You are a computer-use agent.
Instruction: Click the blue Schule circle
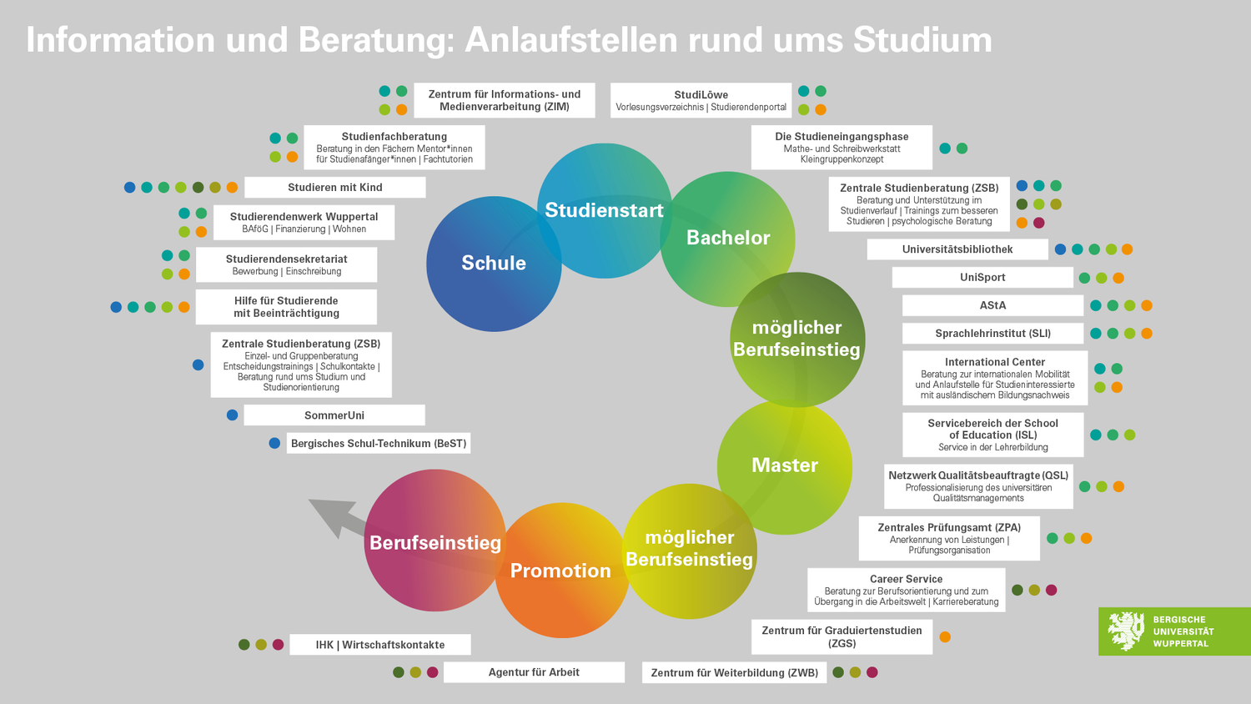point(494,264)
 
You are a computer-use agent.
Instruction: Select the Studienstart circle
point(605,211)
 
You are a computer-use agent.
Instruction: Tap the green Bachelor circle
point(728,239)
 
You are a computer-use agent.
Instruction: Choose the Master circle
point(785,467)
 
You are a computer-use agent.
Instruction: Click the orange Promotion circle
point(562,570)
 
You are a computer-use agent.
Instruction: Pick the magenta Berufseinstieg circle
point(435,541)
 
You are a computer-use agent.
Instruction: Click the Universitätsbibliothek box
point(957,249)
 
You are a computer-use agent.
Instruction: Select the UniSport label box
point(982,277)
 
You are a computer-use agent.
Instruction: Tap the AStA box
point(993,305)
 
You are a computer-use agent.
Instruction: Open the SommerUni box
point(334,415)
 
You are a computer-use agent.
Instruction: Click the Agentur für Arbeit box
point(534,672)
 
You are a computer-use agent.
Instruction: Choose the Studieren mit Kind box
point(335,187)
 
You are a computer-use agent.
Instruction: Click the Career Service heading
point(906,579)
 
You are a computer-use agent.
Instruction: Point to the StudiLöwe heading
point(701,94)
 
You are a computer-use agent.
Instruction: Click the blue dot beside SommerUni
point(233,415)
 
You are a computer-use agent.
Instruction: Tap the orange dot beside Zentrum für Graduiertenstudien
point(945,637)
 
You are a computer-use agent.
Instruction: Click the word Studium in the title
point(922,40)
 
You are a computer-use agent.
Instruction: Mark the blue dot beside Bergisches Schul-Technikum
point(274,443)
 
